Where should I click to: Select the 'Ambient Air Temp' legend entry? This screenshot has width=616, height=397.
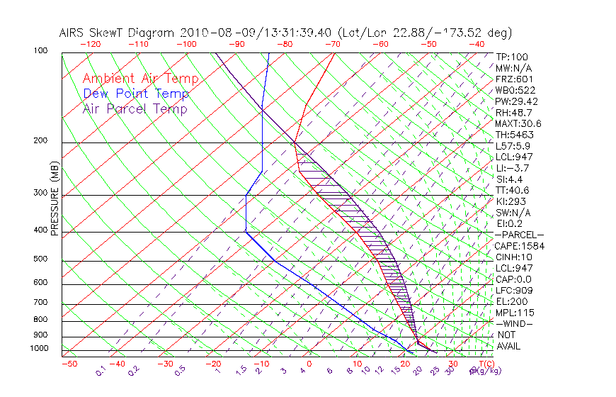point(140,79)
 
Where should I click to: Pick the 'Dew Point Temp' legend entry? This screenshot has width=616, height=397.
point(136,94)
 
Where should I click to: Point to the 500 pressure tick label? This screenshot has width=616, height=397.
point(41,259)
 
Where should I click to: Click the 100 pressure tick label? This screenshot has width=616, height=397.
point(41,51)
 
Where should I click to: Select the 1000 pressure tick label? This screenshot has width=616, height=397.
point(40,349)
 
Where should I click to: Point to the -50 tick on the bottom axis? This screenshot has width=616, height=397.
point(69,364)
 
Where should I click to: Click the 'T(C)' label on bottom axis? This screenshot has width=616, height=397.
point(484,364)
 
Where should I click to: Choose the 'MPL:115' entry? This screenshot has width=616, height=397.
point(514,313)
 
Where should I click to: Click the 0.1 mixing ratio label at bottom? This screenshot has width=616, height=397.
point(101,370)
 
